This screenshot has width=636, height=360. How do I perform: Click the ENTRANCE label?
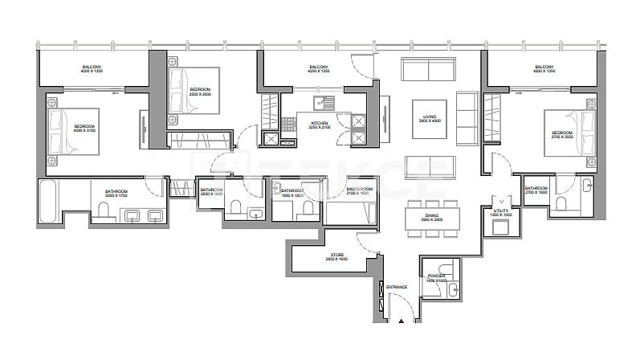[x=396, y=287]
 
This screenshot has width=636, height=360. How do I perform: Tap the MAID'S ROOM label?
[x=358, y=191]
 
